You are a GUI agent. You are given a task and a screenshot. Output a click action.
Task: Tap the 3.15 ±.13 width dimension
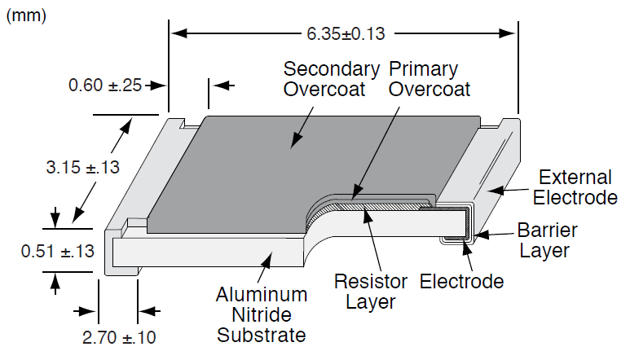click(82, 168)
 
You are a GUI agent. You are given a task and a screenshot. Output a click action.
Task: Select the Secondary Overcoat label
click(331, 78)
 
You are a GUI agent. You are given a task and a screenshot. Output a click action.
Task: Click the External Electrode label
click(575, 187)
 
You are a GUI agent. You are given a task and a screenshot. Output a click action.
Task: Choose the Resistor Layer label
click(371, 292)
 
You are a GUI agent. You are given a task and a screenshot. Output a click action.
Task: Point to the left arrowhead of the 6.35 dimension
click(176, 34)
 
